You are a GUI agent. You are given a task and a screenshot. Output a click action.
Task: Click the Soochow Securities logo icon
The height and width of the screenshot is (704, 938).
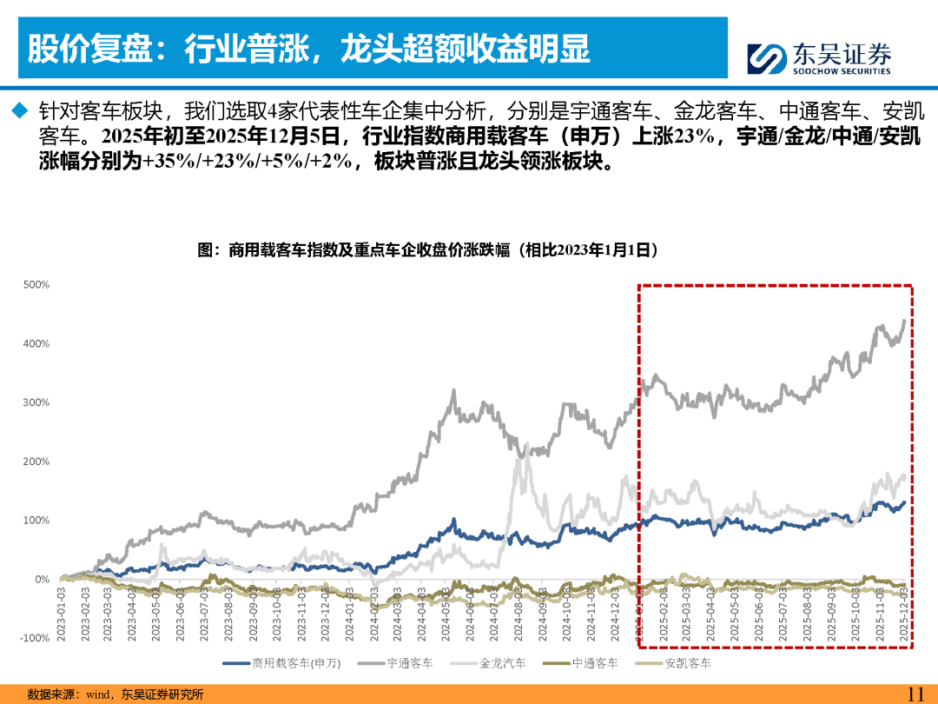(x=766, y=59)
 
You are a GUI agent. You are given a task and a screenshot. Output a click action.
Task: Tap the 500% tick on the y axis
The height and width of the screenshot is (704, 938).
(x=36, y=284)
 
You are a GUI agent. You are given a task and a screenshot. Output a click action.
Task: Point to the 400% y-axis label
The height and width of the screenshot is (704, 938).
(x=36, y=343)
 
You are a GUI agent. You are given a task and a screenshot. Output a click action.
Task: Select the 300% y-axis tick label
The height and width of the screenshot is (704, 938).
(x=36, y=402)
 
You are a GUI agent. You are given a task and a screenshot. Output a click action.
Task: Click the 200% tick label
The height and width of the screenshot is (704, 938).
(x=36, y=462)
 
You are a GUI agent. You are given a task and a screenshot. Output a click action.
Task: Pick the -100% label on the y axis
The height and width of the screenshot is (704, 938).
(x=35, y=638)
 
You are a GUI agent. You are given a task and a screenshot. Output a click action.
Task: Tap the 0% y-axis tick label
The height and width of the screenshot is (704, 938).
(x=42, y=580)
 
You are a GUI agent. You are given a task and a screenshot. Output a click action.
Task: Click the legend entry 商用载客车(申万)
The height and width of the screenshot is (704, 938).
(x=281, y=663)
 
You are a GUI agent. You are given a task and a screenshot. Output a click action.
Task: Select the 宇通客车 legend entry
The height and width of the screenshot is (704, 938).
(x=395, y=663)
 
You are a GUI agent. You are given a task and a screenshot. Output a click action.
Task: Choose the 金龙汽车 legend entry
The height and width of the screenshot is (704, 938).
(x=488, y=663)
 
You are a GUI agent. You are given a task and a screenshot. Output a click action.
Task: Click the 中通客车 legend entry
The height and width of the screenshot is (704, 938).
(x=580, y=663)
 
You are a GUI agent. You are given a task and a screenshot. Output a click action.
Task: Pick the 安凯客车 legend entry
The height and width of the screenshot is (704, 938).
(x=673, y=663)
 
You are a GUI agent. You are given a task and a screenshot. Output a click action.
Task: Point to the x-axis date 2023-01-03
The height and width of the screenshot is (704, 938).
(x=61, y=614)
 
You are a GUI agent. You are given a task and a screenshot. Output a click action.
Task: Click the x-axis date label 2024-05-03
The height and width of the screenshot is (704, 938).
(x=446, y=614)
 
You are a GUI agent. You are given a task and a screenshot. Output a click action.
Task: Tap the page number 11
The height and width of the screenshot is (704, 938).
(x=916, y=694)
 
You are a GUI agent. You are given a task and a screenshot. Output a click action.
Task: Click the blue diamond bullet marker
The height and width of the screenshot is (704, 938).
(x=20, y=110)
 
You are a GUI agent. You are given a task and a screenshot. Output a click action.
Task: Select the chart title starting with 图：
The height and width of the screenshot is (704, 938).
(x=427, y=249)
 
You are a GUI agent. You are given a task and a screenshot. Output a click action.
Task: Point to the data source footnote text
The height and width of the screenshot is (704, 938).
(x=116, y=694)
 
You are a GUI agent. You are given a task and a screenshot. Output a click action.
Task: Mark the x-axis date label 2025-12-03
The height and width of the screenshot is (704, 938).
(x=903, y=614)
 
